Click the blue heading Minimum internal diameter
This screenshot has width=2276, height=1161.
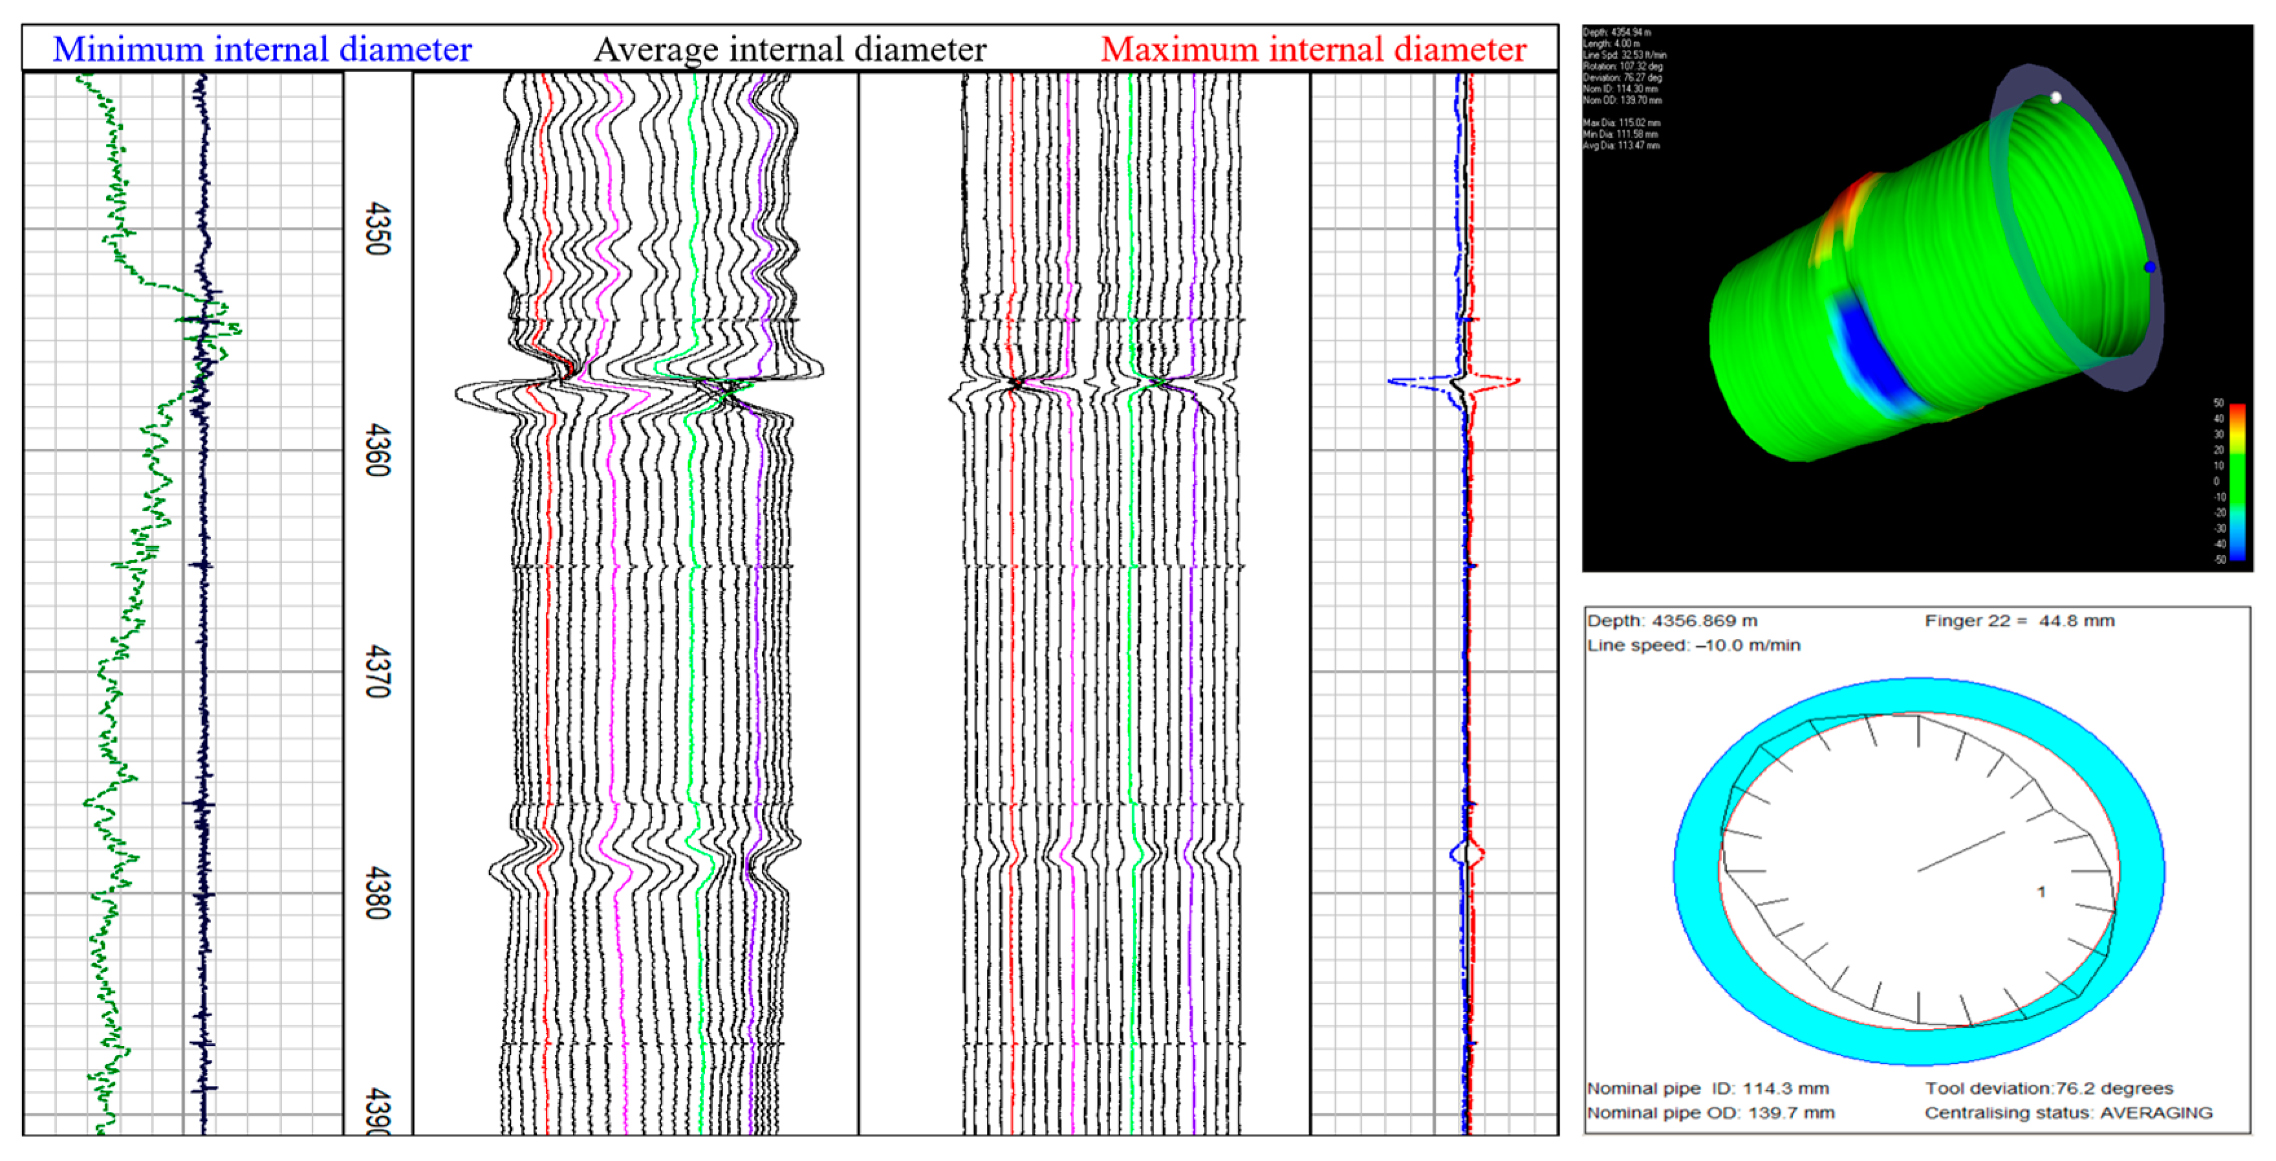pyautogui.click(x=263, y=49)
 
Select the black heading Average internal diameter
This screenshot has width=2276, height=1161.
pyautogui.click(x=790, y=49)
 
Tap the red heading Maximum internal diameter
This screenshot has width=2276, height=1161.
pyautogui.click(x=1313, y=49)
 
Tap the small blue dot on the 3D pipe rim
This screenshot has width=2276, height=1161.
pyautogui.click(x=2150, y=267)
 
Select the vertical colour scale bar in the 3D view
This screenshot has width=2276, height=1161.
pyautogui.click(x=2237, y=482)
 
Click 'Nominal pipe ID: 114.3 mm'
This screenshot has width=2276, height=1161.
pyautogui.click(x=1707, y=1089)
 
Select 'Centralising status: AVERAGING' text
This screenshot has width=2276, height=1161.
pyautogui.click(x=2068, y=1113)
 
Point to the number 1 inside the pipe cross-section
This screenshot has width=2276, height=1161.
pyautogui.click(x=2041, y=893)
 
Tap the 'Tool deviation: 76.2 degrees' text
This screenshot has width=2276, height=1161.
pyautogui.click(x=2049, y=1089)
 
